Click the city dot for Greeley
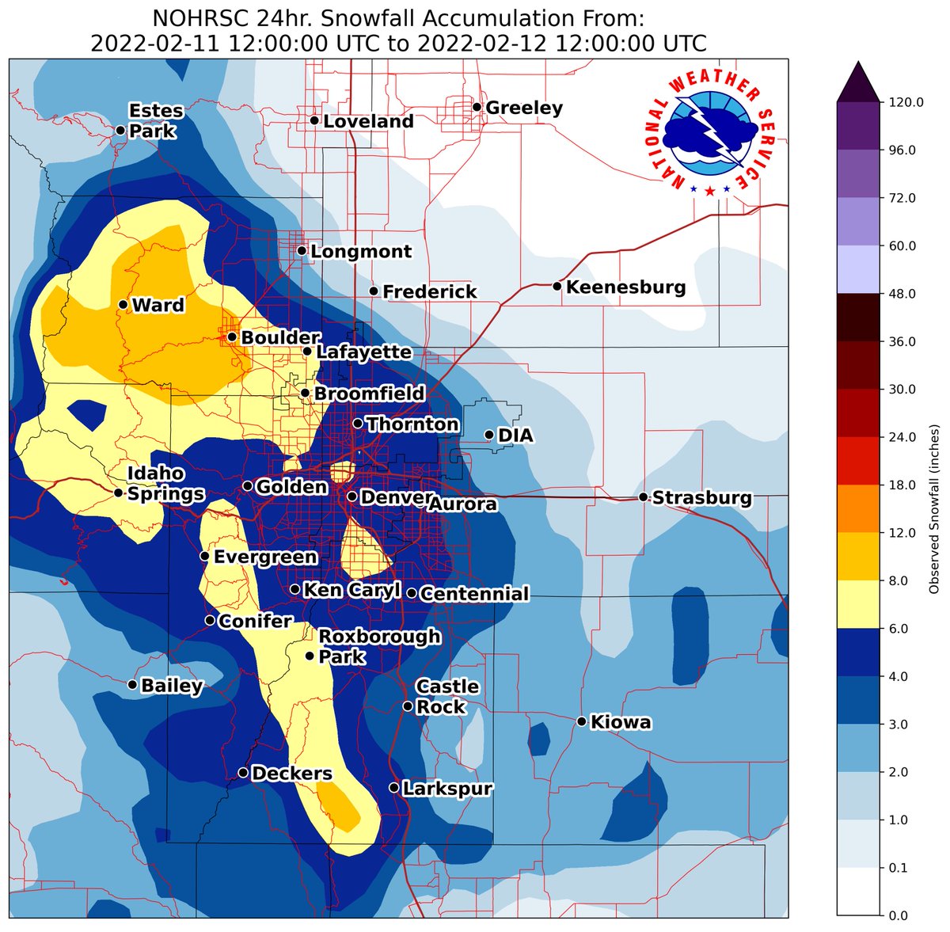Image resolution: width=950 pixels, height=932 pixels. coord(477,107)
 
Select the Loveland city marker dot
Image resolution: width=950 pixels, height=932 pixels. coord(314,120)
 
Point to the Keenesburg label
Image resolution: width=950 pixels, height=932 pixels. coord(625,287)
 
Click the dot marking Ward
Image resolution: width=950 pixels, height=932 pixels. coord(123,304)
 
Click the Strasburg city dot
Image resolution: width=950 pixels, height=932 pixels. coord(643,497)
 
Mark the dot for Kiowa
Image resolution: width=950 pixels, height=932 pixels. coord(581,721)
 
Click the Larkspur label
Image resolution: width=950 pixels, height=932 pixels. coord(446,789)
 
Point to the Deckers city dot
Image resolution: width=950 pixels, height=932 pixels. coord(243,773)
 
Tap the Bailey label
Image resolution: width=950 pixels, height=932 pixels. coord(172,686)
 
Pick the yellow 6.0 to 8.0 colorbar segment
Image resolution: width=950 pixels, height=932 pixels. coord(858,604)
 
